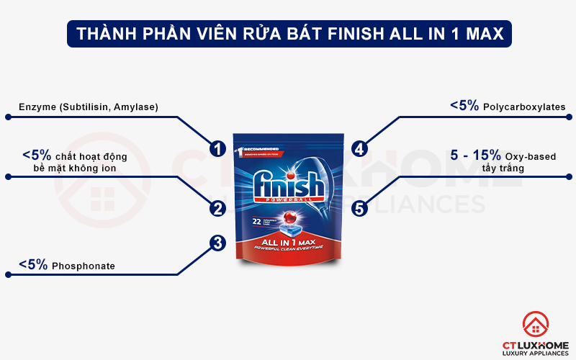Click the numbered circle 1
point(215,148)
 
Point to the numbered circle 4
point(359,149)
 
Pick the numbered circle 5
point(361,209)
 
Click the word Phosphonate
point(84,266)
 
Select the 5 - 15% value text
point(474,155)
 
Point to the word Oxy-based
point(528,156)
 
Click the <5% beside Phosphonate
point(33,265)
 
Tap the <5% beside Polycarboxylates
point(464,106)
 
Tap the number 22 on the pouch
point(256,222)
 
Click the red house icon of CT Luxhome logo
point(536,325)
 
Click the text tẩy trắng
point(503,168)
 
